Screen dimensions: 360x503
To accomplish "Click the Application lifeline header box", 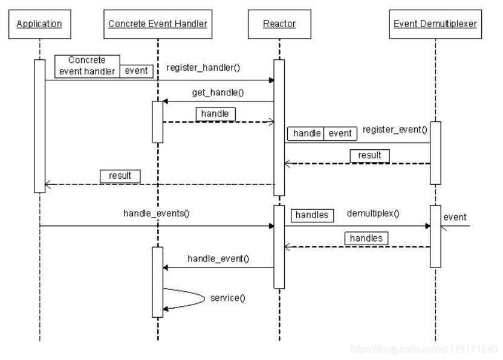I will click(x=39, y=24).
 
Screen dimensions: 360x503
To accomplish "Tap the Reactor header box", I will click(x=279, y=24).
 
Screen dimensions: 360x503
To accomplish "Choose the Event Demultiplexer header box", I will click(x=435, y=24).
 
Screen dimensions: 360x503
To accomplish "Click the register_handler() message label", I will click(x=203, y=68).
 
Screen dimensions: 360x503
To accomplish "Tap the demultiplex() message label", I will click(x=374, y=214).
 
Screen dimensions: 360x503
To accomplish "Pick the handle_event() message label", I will click(x=218, y=258).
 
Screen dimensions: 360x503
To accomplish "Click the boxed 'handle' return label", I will click(x=215, y=113).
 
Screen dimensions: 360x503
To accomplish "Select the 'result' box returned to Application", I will click(x=120, y=176).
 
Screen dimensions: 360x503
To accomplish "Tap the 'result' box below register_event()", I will click(x=369, y=155).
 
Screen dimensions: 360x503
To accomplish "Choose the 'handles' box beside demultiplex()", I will click(x=313, y=214).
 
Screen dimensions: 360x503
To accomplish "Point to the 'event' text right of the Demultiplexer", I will click(x=455, y=217).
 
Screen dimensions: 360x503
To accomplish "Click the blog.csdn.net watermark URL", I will click(x=424, y=349).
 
